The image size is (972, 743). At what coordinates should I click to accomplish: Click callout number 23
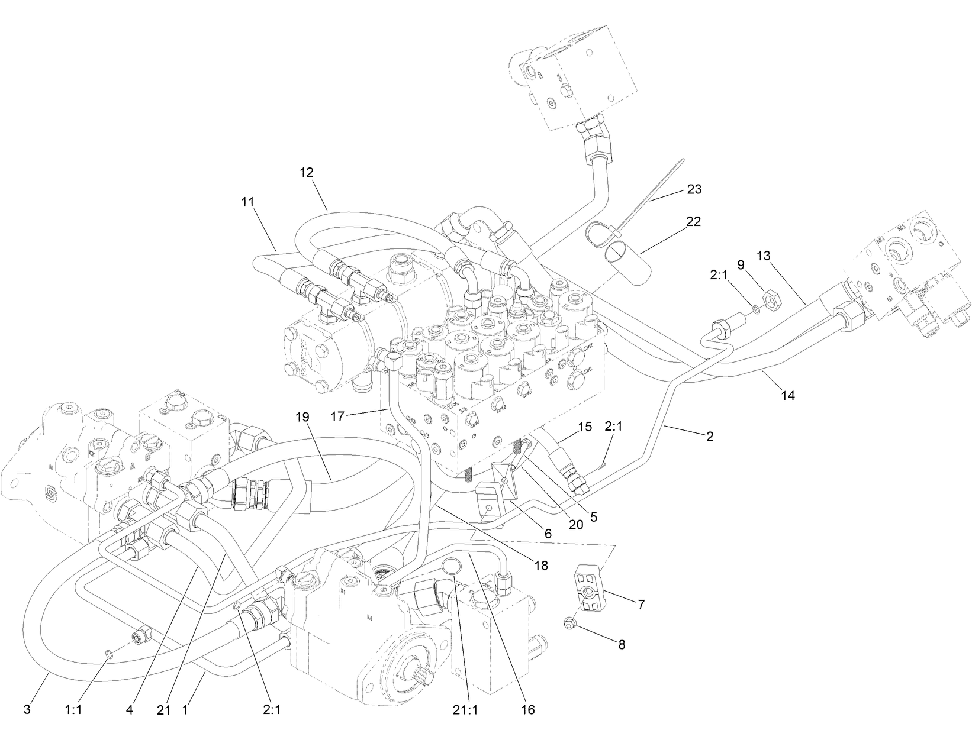[694, 189]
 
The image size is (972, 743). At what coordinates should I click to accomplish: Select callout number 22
[693, 222]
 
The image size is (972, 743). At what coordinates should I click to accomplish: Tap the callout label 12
[307, 173]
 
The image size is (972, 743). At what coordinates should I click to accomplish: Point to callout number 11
[247, 202]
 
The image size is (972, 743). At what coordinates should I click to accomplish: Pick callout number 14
[788, 395]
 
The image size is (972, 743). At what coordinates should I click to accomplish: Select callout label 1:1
[73, 709]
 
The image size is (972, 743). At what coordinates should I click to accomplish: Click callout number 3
[27, 709]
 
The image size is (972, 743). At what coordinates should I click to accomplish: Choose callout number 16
[528, 709]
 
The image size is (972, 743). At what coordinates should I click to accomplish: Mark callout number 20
[576, 524]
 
